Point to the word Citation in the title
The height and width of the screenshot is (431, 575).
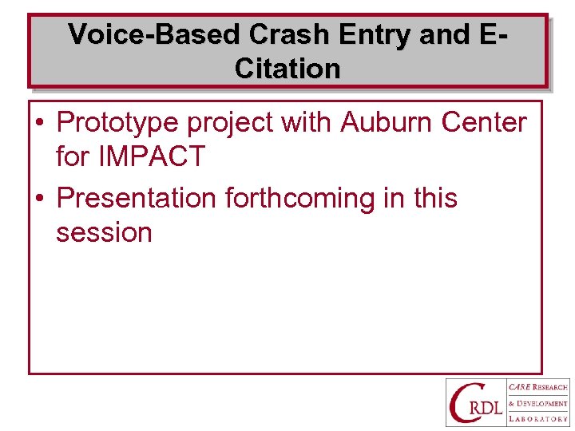[x=287, y=69]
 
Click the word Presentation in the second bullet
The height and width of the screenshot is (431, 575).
[x=137, y=198]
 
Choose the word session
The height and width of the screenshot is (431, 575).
[x=104, y=232]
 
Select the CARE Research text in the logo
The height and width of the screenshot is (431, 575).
[x=537, y=387]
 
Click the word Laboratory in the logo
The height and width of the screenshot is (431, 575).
[x=537, y=418]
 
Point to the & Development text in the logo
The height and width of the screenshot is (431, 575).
[x=537, y=403]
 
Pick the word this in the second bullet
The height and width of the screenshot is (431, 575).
[x=435, y=198]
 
